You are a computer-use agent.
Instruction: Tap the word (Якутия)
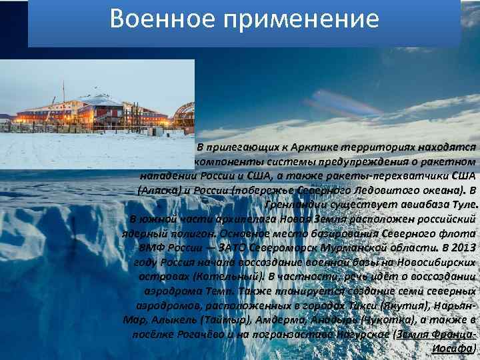pyautogui.click(x=404, y=305)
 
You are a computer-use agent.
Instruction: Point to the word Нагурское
pyautogui.click(x=359, y=334)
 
